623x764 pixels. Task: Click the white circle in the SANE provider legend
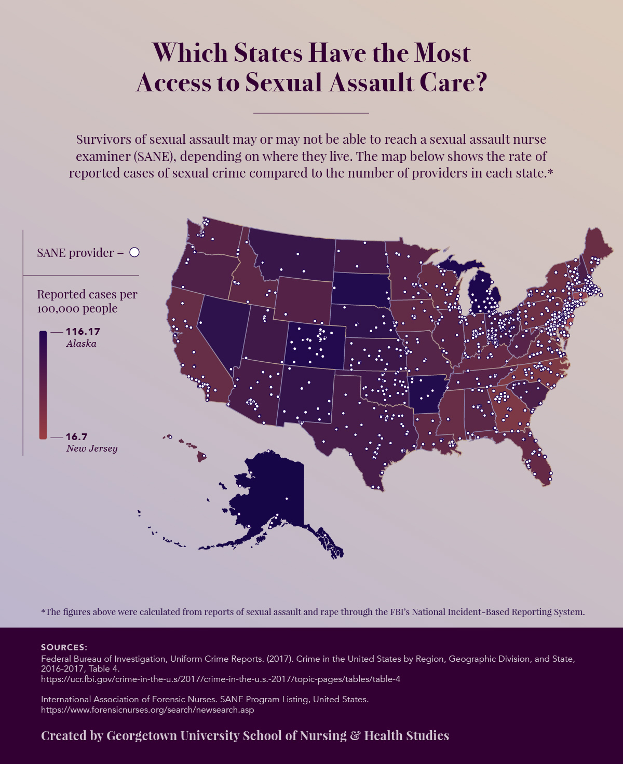134,252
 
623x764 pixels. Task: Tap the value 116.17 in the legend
83,331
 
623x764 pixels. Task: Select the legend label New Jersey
92,448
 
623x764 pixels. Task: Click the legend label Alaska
81,344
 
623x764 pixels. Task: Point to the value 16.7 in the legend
76,436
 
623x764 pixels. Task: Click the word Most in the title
442,53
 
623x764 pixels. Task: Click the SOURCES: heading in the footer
64,647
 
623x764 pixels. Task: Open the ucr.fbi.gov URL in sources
221,679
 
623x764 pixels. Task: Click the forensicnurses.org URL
147,710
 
